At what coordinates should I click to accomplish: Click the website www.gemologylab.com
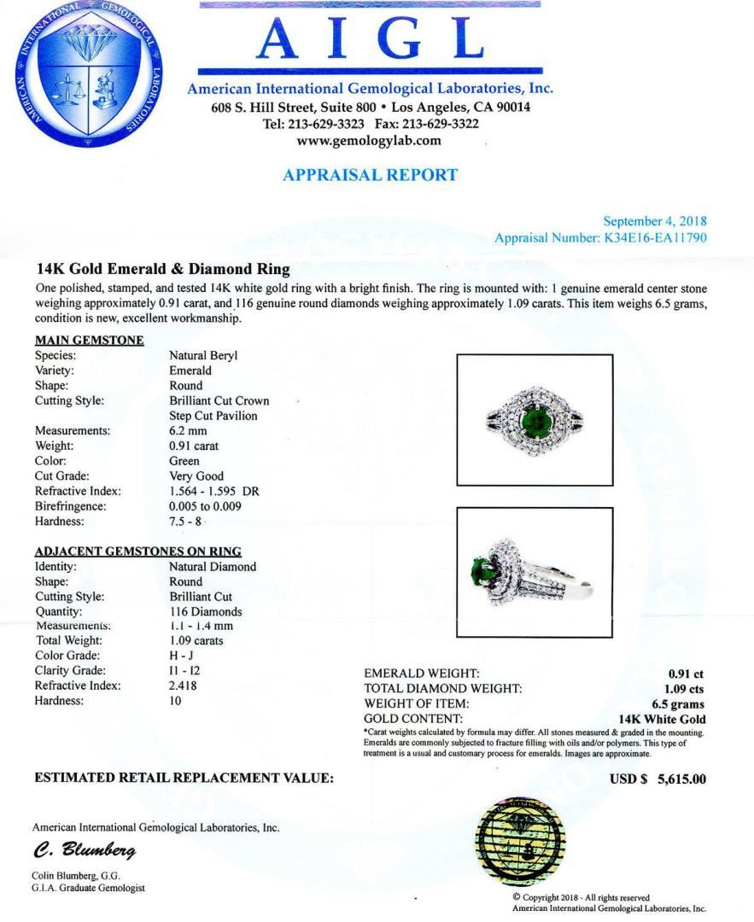coord(369,141)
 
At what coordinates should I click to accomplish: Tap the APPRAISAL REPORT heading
coord(370,175)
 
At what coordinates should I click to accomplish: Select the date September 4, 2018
coord(655,222)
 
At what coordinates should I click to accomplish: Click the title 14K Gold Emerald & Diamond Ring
coord(162,269)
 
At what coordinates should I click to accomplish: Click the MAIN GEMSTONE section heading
coord(89,340)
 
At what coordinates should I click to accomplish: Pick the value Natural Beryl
coord(202,355)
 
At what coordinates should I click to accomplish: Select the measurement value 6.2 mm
coord(188,430)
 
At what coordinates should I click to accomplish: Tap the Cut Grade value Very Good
coord(196,476)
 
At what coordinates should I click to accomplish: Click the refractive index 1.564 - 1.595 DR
coord(214,491)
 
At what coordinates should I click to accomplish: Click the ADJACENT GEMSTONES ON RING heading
coord(137,551)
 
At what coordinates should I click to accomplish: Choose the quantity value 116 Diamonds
coord(205,611)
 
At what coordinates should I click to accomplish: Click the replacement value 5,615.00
coord(681,779)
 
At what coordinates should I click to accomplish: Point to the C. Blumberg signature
coord(84,851)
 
